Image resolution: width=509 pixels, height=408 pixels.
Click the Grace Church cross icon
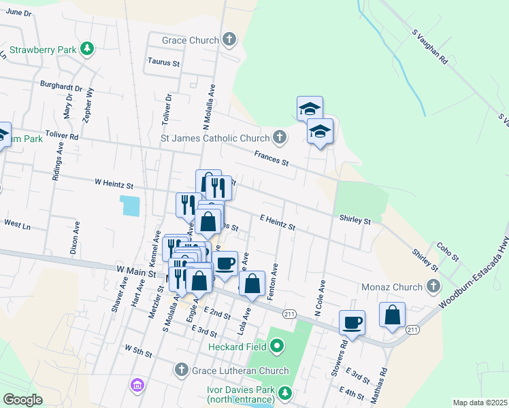230,39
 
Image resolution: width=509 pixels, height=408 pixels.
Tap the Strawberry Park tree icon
86,49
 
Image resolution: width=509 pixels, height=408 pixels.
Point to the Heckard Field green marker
277,347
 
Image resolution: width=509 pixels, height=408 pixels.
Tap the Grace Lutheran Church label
240,371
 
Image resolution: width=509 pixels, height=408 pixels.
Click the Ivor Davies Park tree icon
286,392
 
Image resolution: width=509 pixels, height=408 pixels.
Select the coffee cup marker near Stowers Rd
352,322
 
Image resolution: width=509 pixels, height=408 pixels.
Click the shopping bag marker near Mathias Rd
392,315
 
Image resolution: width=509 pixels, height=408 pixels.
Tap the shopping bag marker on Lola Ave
252,285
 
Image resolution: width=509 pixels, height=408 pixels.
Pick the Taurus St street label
163,62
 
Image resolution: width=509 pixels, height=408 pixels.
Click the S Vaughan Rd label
429,46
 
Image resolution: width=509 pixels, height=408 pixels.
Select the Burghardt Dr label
61,88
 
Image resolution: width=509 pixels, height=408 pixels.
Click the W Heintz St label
114,184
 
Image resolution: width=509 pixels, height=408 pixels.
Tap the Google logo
22,400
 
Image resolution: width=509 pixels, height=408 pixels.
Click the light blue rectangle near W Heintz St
130,205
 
